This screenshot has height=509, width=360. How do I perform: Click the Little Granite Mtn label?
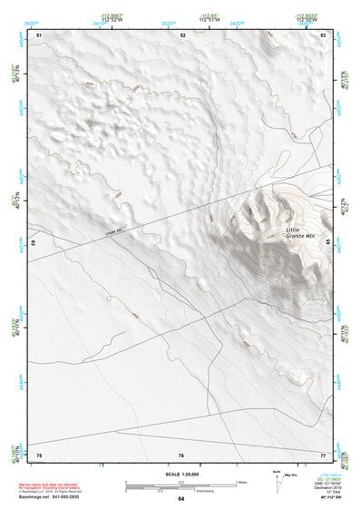pos(299,233)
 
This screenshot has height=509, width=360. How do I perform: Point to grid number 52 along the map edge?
pos(182,34)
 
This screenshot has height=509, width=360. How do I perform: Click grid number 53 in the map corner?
pos(324,34)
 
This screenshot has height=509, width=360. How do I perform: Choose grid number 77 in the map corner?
pos(324,454)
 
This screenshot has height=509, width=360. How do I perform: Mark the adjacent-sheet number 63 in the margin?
pos(34,244)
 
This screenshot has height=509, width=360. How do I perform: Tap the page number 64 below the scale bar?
pos(181,499)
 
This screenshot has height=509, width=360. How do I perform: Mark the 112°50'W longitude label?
pos(306,21)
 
